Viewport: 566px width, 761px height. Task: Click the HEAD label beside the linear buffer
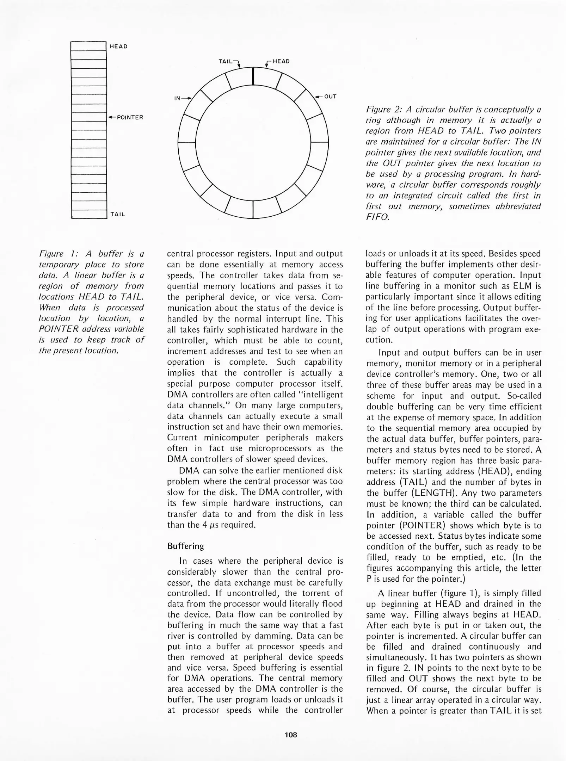[x=118, y=47]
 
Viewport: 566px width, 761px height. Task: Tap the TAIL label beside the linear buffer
[x=118, y=214]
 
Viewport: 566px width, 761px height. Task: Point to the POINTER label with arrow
[x=126, y=117]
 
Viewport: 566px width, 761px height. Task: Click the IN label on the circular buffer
[x=178, y=98]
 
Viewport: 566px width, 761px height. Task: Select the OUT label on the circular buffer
[x=330, y=97]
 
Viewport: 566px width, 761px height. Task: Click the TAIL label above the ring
[x=226, y=61]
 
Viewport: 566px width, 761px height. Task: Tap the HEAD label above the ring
[x=281, y=61]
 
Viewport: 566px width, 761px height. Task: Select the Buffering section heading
[x=185, y=546]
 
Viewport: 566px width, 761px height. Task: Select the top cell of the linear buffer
[x=88, y=46]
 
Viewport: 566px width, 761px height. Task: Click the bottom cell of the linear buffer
[x=89, y=214]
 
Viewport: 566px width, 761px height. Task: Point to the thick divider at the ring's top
[x=253, y=76]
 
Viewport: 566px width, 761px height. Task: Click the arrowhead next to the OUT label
[x=318, y=97]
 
